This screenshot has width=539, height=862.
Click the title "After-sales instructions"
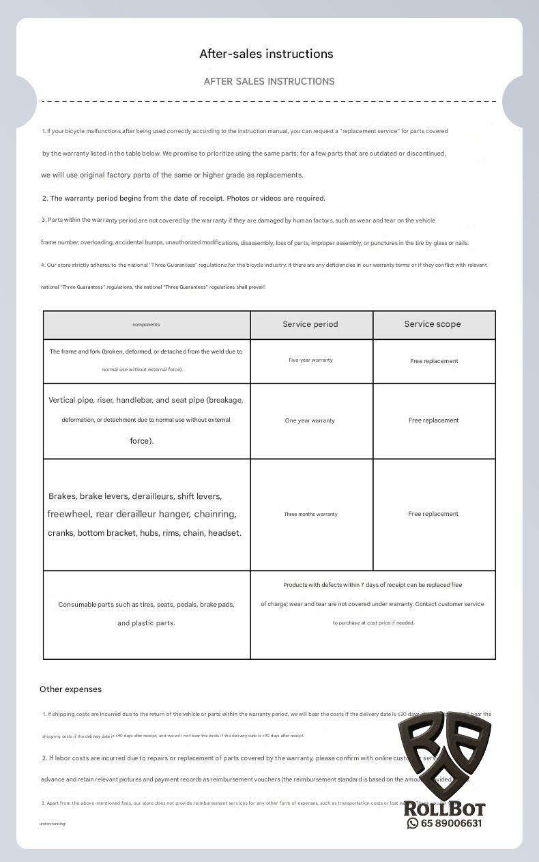[x=266, y=54]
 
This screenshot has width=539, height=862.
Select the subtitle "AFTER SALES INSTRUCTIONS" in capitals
[x=269, y=81]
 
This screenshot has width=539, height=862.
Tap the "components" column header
[x=146, y=325]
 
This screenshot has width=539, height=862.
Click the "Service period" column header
[x=310, y=324]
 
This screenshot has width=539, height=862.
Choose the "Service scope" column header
[x=433, y=324]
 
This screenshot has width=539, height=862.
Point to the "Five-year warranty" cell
[x=310, y=360]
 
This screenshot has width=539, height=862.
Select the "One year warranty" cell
[x=310, y=420]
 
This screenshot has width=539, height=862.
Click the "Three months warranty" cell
[x=310, y=514]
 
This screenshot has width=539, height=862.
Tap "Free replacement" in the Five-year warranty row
[x=434, y=361]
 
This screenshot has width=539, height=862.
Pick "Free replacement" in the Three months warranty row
[x=433, y=514]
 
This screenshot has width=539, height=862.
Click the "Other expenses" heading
[x=70, y=689]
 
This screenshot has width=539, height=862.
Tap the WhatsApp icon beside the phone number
[x=412, y=823]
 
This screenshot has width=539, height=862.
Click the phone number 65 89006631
[x=451, y=823]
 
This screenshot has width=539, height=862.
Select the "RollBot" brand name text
[x=444, y=809]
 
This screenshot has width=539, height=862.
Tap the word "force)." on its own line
[x=142, y=441]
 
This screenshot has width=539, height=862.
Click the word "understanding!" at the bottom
[x=53, y=824]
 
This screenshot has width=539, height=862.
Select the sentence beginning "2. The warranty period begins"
[x=184, y=199]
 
